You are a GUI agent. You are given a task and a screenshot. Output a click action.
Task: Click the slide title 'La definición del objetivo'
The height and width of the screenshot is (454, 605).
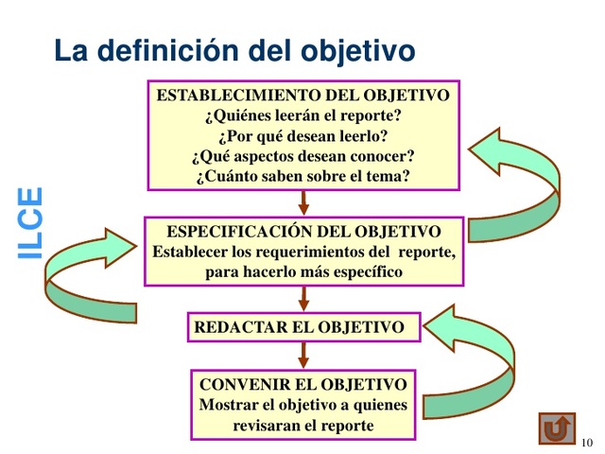pos(234,49)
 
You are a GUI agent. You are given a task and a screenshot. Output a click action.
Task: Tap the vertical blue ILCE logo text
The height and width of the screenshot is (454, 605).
pos(31,222)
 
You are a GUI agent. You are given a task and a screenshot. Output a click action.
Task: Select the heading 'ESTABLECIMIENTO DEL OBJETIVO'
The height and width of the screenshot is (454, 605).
pos(302,96)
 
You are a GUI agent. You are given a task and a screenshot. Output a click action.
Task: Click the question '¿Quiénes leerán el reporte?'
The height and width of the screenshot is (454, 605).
pos(302,115)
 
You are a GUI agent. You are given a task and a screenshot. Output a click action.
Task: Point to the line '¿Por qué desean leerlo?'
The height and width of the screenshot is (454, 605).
pos(302,135)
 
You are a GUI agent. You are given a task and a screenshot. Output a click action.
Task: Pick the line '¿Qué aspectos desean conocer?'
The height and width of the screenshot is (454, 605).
pos(302,155)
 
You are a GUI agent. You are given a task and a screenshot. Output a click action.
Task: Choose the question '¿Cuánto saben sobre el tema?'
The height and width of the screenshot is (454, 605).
pos(302,175)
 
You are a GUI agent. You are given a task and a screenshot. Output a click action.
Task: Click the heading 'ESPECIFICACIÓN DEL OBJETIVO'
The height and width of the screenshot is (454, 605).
pos(303,232)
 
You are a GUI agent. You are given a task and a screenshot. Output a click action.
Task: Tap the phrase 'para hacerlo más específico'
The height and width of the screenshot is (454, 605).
pos(303,271)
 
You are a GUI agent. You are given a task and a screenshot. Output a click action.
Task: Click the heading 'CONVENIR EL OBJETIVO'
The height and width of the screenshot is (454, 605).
pos(303,385)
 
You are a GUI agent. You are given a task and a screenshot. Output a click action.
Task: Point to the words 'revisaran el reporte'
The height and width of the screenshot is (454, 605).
pos(303,426)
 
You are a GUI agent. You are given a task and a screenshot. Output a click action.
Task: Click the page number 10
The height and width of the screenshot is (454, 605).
pos(587,443)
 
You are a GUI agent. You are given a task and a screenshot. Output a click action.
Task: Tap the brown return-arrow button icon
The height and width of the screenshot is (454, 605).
pos(558,427)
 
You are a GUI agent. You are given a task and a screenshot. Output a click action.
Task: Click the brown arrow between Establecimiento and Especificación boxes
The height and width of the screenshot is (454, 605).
pos(303,202)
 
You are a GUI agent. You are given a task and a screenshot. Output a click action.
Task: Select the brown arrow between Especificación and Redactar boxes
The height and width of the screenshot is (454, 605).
pos(303,298)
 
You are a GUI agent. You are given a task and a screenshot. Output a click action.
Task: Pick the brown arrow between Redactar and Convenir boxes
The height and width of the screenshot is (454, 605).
pos(303,355)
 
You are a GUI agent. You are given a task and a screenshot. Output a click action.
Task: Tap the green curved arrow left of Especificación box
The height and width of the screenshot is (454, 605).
pos(80,274)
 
